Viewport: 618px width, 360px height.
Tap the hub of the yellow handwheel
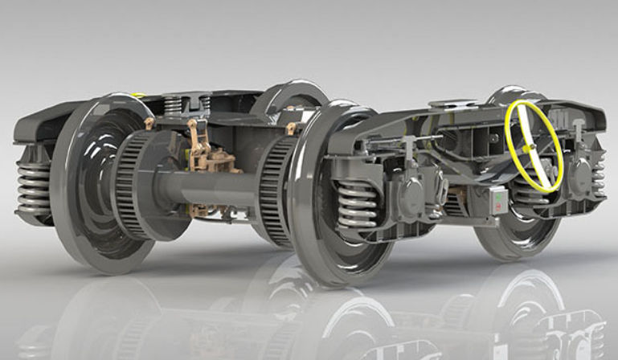[x=532, y=148]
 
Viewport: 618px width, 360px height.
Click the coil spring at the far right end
[x=598, y=174]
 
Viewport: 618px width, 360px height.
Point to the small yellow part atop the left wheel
[x=138, y=96]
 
